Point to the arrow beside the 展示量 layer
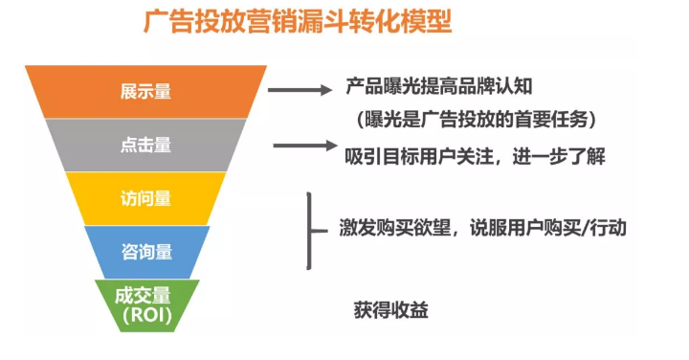(x=300, y=91)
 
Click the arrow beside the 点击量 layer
(x=304, y=146)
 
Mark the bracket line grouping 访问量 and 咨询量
(x=309, y=230)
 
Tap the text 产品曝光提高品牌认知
(x=437, y=88)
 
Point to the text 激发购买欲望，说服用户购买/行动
(x=483, y=228)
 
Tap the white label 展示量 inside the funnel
(x=145, y=92)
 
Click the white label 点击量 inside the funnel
(x=145, y=146)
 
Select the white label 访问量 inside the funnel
(x=145, y=199)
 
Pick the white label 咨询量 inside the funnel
(x=145, y=252)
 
